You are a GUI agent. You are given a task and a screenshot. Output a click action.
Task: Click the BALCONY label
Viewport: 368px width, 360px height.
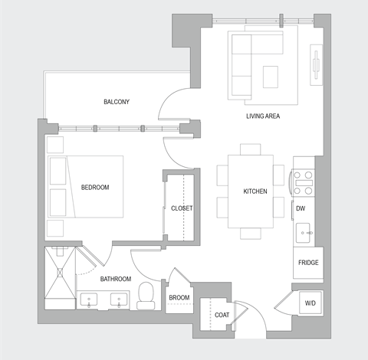[x=117, y=102]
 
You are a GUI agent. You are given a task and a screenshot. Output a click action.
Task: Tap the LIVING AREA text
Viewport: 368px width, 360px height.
[x=262, y=116]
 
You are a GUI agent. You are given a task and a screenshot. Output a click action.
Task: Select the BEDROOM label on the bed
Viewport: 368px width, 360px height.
[x=95, y=188]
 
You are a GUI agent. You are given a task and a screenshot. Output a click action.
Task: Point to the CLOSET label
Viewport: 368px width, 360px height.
[x=182, y=208]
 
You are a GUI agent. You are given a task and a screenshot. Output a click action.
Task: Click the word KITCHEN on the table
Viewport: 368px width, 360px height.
[x=255, y=191]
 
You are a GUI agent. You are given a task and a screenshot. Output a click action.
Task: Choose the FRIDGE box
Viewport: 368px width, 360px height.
[x=309, y=263]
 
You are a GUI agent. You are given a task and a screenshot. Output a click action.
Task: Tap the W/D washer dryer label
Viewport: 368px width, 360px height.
[x=310, y=303]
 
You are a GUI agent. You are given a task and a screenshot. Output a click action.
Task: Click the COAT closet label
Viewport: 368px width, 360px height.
[x=222, y=315]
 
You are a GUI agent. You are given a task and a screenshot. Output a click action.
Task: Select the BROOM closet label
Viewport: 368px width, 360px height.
[x=179, y=298]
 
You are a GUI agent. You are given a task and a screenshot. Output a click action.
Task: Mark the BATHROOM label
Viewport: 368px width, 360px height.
[x=116, y=279]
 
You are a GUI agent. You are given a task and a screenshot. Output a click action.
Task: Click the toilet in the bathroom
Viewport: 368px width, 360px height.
[x=146, y=297]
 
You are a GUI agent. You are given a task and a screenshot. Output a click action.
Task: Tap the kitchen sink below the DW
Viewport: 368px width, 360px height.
[x=305, y=231]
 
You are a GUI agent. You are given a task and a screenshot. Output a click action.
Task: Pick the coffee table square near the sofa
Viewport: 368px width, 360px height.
[x=270, y=77]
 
